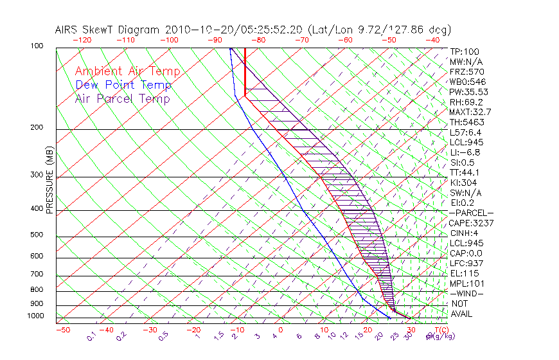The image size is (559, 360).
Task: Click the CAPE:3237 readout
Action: [470, 223]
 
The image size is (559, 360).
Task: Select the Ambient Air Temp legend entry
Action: [127, 71]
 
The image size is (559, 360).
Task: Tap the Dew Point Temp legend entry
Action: [123, 85]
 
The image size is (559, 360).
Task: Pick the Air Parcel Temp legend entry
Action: [122, 98]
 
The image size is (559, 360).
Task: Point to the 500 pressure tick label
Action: [37, 235]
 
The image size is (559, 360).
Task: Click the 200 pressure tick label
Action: [37, 127]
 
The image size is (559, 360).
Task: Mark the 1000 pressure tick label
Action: [35, 316]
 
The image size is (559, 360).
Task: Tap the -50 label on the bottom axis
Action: [62, 330]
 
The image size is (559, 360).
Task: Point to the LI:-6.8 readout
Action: [465, 152]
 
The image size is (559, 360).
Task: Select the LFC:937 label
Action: [465, 263]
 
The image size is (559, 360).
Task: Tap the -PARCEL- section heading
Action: [471, 213]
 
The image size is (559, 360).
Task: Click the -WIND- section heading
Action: [467, 293]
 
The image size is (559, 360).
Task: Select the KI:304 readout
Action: [463, 183]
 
